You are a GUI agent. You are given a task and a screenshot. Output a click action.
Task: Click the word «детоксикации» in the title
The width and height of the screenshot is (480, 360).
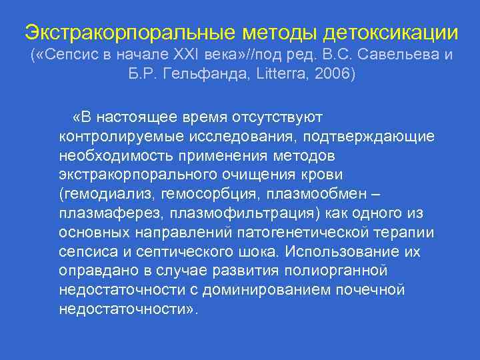[x=391, y=31]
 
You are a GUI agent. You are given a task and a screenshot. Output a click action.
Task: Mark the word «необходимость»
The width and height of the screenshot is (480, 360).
[x=117, y=156]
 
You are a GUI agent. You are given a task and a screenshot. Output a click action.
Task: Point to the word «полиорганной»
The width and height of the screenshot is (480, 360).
[x=328, y=271]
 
